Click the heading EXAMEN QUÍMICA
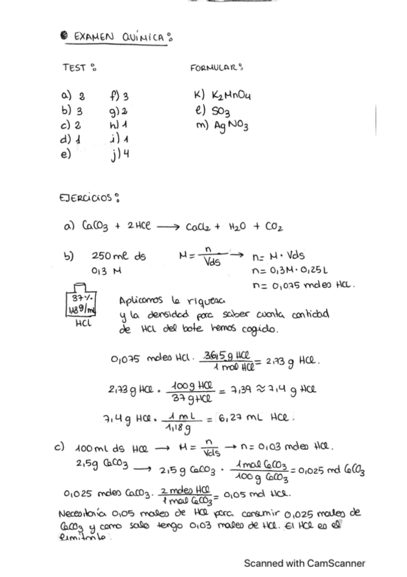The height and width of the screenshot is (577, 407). tap(116, 37)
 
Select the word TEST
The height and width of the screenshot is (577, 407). tap(74, 69)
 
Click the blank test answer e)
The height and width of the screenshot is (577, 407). tap(66, 154)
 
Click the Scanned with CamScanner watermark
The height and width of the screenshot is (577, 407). tap(305, 563)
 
